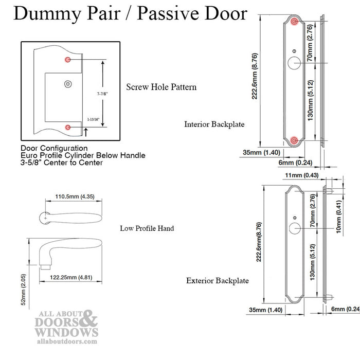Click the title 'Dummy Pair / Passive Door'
coord(130,13)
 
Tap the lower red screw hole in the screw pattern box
coord(67,127)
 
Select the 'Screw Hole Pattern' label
coord(161,87)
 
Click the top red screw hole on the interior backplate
coord(294,22)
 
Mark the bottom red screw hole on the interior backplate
coord(294,139)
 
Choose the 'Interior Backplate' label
coord(214,124)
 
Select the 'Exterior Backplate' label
coord(218,281)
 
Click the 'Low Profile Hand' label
coord(147,228)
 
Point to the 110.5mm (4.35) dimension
coord(74,195)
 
